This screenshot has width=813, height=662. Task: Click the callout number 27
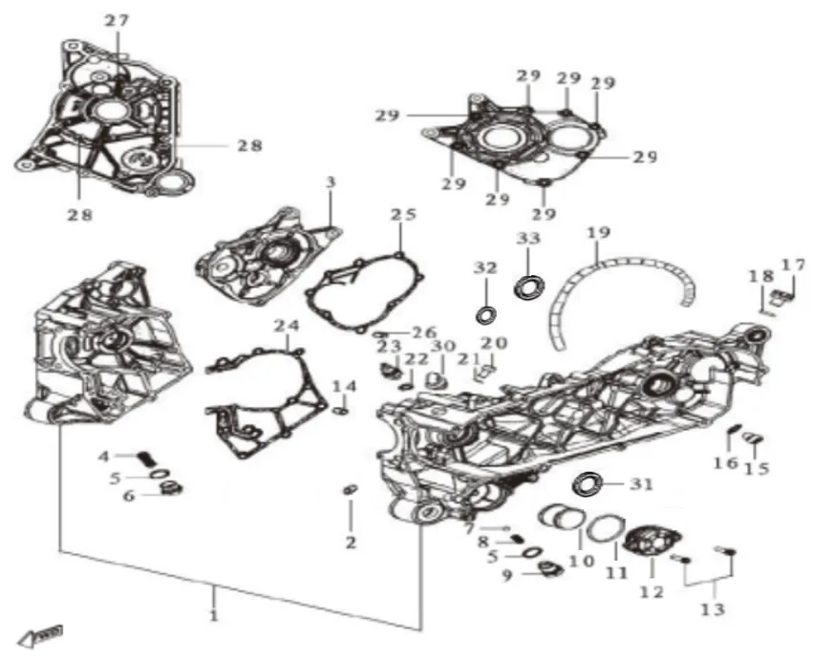[x=117, y=21]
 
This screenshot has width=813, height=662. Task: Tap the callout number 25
[x=403, y=214]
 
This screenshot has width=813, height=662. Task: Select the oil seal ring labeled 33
[x=530, y=287]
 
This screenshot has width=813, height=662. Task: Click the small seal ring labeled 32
[x=486, y=314]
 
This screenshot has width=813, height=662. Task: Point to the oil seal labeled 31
[x=588, y=484]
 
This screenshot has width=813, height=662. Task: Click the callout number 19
[x=599, y=232]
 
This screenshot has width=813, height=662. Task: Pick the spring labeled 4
[x=147, y=459]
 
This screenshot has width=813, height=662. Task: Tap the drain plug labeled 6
[x=171, y=488]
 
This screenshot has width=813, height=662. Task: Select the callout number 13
[x=713, y=609]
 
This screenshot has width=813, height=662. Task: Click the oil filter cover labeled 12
[x=653, y=545]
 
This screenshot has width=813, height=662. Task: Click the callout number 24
[x=287, y=326]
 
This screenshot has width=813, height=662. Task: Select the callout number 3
[x=332, y=182]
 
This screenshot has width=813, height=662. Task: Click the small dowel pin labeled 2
[x=351, y=489]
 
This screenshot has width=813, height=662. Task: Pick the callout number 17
[x=794, y=265]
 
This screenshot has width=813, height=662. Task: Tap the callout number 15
[x=757, y=467]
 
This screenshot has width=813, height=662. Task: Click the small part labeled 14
[x=341, y=411]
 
